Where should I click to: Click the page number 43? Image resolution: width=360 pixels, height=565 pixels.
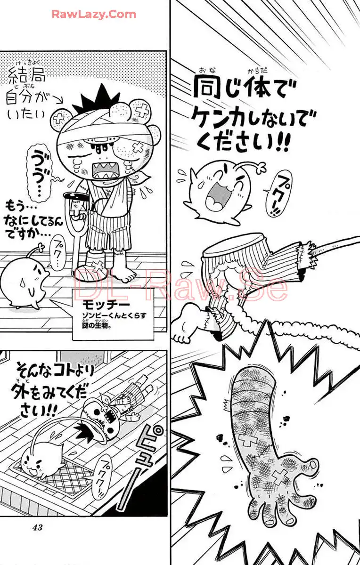(37, 527)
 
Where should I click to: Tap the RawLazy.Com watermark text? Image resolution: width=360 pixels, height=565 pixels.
(94, 15)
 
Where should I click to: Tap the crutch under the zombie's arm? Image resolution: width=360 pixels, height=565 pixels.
(76, 232)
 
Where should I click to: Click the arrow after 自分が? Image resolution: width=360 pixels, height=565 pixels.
(57, 101)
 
